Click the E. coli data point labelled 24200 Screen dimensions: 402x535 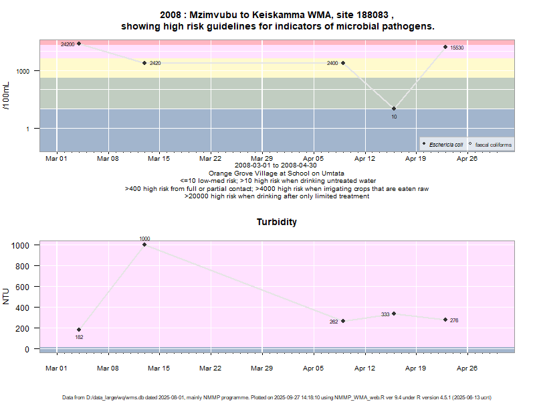(x=79, y=44)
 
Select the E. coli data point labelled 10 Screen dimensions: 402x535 (x=394, y=109)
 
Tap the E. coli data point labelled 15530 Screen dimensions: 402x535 (x=445, y=47)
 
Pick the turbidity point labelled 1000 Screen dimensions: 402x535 (x=144, y=245)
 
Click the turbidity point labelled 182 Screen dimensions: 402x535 (x=79, y=330)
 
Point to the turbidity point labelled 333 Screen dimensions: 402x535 (x=394, y=314)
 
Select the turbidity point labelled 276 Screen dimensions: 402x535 (x=445, y=320)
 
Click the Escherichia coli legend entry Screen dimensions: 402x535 (x=445, y=145)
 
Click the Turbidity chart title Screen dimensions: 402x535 (x=277, y=222)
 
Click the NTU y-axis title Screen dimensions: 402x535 (x=7, y=295)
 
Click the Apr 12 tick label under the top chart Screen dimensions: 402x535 (x=364, y=159)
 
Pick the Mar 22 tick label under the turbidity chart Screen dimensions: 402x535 (x=210, y=368)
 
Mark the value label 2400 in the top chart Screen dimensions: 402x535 (x=332, y=64)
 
